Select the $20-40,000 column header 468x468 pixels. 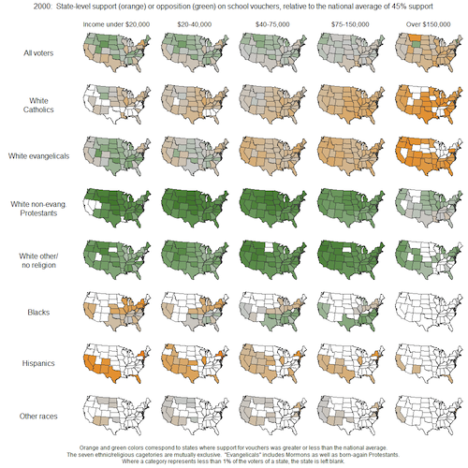coord(188,22)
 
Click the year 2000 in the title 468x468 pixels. coord(17,7)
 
